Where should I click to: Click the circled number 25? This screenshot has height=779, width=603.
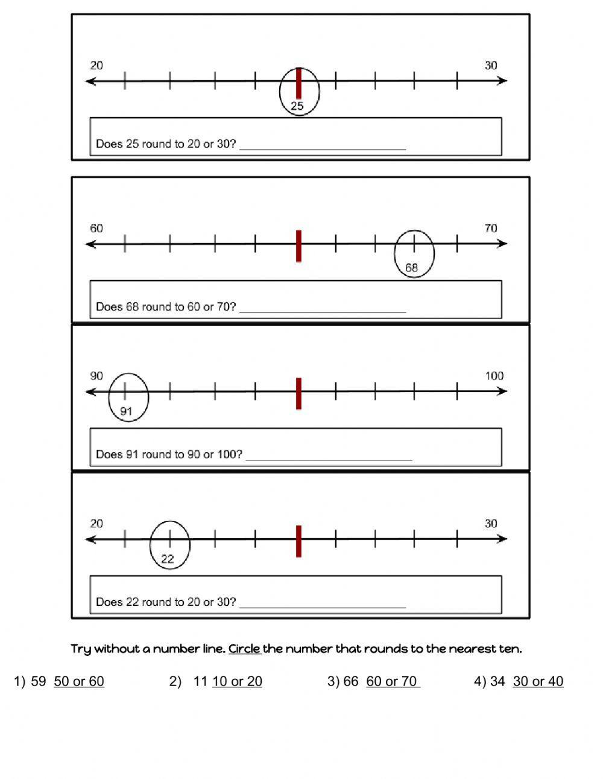click(297, 106)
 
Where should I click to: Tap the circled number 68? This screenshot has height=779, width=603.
click(411, 267)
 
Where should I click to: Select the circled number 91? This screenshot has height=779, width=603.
click(126, 412)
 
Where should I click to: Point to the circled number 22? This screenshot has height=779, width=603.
click(167, 559)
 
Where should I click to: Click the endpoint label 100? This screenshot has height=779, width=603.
click(494, 376)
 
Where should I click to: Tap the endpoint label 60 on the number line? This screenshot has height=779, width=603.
click(96, 228)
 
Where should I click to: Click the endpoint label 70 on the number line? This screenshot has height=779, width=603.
click(491, 228)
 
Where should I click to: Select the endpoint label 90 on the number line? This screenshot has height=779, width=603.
click(96, 376)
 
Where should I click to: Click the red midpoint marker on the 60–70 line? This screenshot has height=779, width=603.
click(298, 246)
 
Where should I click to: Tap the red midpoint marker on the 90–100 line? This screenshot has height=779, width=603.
click(298, 393)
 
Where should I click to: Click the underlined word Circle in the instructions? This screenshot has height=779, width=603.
click(244, 649)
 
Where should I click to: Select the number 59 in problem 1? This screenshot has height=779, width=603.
click(38, 681)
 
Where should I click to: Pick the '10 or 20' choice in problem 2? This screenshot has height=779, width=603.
click(237, 681)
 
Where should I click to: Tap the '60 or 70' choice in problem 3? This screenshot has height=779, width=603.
click(392, 681)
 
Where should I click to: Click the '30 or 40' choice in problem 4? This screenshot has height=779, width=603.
click(538, 681)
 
